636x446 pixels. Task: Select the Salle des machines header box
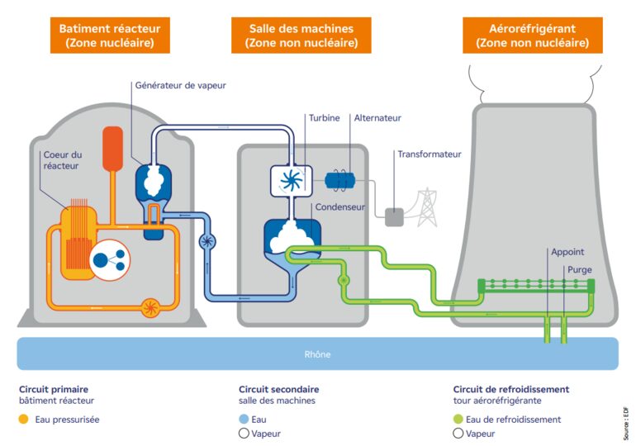[x=301, y=36]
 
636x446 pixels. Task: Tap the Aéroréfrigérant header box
[x=532, y=36]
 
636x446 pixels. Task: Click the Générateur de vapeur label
[x=179, y=85]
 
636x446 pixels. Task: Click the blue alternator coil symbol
[x=340, y=180]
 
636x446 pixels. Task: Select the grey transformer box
[x=394, y=216]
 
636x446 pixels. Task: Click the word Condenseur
[x=339, y=207]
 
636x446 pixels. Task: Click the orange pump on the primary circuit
[x=150, y=308]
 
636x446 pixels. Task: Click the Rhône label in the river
[x=317, y=354]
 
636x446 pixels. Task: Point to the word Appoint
[x=567, y=253]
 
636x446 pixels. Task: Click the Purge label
[x=579, y=270]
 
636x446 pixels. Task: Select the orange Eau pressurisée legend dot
[x=23, y=420]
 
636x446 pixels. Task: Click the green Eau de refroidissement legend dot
[x=458, y=420]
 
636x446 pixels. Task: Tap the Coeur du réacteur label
[x=63, y=161]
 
